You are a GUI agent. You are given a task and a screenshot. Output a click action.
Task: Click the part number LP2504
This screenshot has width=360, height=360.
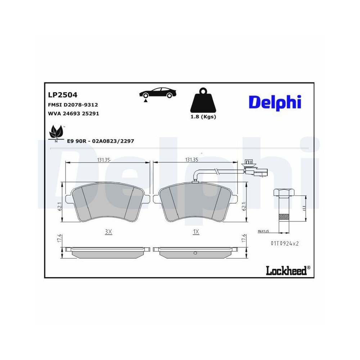point(63,95)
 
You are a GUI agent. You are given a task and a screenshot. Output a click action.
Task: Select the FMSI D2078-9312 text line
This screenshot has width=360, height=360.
point(73,105)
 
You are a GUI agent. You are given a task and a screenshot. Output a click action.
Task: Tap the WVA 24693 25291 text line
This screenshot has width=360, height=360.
point(73,113)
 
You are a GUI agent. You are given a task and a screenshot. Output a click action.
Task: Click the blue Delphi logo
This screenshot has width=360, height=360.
point(275,102)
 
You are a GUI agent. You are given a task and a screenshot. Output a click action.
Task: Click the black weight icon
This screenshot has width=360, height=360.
point(203,101)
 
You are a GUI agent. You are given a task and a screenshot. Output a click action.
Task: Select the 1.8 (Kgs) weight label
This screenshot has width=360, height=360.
point(203,117)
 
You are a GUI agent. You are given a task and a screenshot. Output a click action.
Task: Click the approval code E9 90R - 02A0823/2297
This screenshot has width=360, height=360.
point(100,141)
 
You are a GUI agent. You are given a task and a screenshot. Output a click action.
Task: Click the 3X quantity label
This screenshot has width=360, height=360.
point(108,232)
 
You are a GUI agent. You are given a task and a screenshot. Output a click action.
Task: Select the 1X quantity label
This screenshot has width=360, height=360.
point(196,232)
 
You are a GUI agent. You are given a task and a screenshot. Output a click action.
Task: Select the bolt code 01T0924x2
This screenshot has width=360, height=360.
point(285,243)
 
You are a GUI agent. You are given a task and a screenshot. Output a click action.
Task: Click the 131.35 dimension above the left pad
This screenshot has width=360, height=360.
point(103,160)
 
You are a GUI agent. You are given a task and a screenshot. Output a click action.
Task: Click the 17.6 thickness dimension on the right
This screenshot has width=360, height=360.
point(244,238)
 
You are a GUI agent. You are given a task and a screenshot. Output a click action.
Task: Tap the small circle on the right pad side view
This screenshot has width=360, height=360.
point(195,253)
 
